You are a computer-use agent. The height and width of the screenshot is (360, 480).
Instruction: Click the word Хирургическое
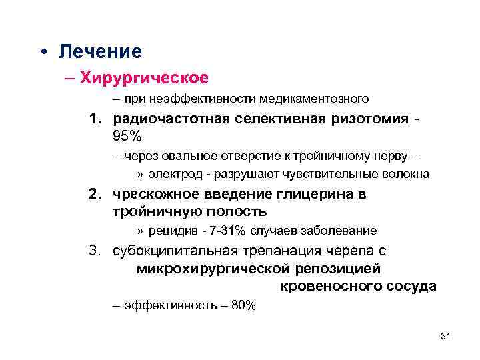click(x=144, y=77)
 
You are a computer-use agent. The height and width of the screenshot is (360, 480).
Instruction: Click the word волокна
click(x=406, y=175)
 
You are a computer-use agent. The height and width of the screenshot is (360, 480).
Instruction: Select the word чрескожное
click(x=152, y=195)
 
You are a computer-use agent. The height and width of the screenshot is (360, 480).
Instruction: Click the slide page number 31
click(x=446, y=337)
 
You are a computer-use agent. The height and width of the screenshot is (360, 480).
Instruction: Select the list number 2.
click(x=95, y=195)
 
